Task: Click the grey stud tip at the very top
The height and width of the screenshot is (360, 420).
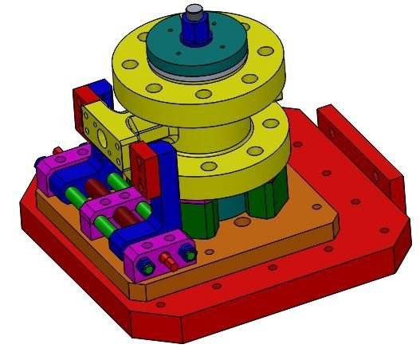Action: point(193,12)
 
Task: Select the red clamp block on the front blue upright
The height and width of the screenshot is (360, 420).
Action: point(143,168)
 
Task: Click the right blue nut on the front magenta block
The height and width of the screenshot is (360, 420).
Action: point(188,254)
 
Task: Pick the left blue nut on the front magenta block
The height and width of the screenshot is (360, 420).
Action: point(146,264)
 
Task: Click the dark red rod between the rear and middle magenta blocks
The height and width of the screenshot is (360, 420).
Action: point(96,189)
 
